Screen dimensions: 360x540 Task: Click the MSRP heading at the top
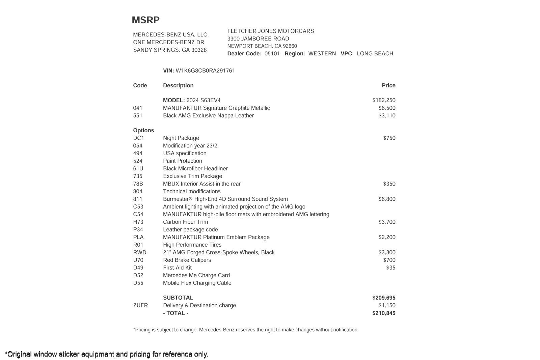(145, 20)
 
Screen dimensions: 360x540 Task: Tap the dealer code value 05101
(272, 53)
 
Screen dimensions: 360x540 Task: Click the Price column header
(388, 85)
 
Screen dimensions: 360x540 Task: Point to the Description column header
(178, 85)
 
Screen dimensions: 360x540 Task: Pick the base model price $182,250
(384, 100)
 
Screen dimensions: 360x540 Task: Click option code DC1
(138, 138)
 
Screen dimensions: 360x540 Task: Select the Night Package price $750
(389, 138)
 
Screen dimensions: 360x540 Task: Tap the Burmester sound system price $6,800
(387, 199)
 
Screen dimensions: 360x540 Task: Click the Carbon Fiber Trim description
(185, 222)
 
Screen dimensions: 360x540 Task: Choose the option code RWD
(140, 252)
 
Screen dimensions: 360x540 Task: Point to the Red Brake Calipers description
(187, 260)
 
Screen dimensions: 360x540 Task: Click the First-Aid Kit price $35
(391, 268)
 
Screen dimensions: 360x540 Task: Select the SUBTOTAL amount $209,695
(384, 298)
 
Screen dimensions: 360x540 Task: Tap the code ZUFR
(140, 305)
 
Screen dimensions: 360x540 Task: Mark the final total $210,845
(384, 313)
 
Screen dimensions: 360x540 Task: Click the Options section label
(143, 130)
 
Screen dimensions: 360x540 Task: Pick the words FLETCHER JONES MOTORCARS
(271, 31)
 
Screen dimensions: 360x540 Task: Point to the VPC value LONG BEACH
(375, 53)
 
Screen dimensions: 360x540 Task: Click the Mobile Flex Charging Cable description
(197, 283)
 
